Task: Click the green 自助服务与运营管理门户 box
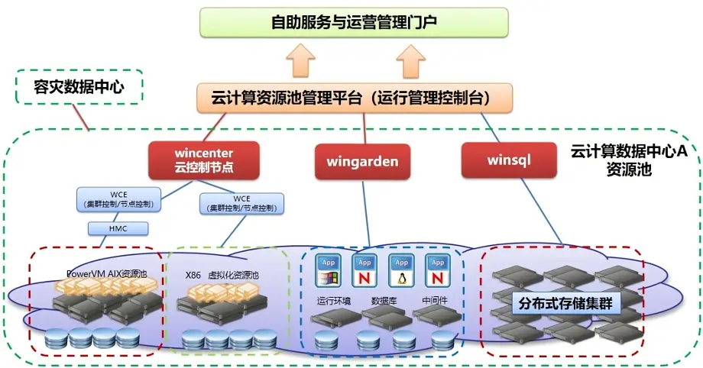pos(354,22)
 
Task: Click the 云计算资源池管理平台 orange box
pos(351,97)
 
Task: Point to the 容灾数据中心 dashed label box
pos(79,87)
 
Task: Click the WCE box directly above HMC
pos(118,199)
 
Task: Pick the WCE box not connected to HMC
pos(241,203)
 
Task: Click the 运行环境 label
pos(334,301)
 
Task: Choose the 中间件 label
pos(433,301)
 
